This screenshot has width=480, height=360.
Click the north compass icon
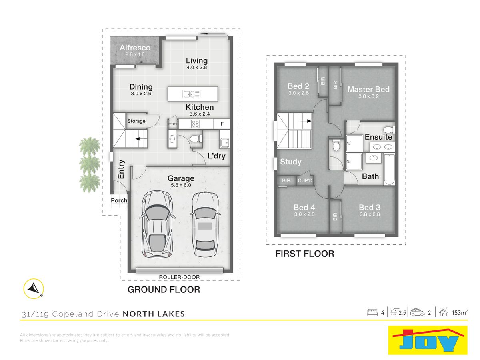[34, 288]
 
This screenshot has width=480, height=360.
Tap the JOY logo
[428, 340]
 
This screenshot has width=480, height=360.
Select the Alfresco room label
[135, 48]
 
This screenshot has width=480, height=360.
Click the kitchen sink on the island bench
[191, 94]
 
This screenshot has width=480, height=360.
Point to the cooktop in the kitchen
[195, 124]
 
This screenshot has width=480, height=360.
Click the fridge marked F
[222, 124]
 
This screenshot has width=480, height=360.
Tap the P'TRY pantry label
[173, 124]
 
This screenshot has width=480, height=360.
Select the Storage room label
[136, 121]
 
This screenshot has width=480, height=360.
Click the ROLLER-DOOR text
[179, 277]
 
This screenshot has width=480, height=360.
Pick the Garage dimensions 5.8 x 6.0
[181, 185]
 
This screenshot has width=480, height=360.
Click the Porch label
[119, 200]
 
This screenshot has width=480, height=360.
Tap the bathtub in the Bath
[389, 169]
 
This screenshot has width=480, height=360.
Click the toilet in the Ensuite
[389, 129]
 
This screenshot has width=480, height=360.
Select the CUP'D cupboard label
[305, 180]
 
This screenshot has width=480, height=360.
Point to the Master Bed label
[368, 89]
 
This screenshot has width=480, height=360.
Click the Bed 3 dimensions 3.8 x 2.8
[370, 214]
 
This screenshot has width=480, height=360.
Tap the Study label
[291, 162]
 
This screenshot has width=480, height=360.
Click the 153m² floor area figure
[460, 313]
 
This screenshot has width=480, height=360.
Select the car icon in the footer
[417, 312]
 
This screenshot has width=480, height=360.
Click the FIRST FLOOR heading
[305, 254]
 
